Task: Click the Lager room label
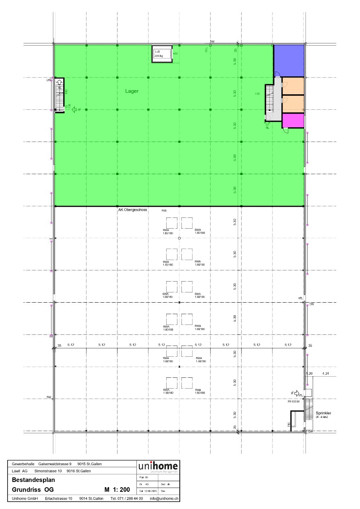pos(132,91)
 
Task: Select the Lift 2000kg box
pos(162,54)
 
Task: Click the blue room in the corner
pos(289,60)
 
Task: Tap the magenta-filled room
pos(293,120)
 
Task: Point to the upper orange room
pos(293,86)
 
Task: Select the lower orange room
pos(293,104)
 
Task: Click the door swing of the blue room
pos(278,74)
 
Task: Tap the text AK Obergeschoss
pos(133,210)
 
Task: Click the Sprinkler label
pos(323,413)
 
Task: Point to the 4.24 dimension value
pos(325,373)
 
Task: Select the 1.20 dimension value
pos(309,373)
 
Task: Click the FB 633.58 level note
pos(294,402)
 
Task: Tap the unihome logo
pos(158,466)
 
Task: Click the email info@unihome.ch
pos(164,498)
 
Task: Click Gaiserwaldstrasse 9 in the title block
pos(55,464)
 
